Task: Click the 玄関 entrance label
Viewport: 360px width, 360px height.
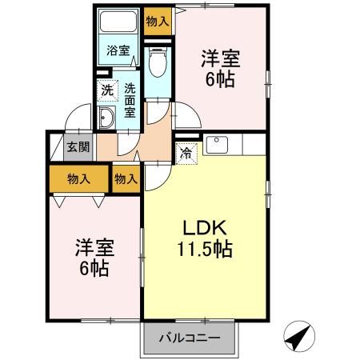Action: (78, 147)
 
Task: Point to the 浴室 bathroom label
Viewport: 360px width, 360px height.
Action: (118, 50)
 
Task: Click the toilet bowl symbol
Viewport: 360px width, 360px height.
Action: (157, 61)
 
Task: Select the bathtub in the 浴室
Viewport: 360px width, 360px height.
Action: (118, 24)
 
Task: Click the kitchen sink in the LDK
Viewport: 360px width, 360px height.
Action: (218, 145)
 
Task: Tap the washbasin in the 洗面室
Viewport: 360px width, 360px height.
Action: (106, 119)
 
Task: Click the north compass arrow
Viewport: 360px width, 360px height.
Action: (299, 338)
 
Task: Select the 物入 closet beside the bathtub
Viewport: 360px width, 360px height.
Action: (157, 21)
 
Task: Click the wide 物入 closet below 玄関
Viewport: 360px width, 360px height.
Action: (77, 180)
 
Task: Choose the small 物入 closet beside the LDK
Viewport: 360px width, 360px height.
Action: (126, 180)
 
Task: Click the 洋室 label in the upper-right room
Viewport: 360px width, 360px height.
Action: (220, 59)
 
